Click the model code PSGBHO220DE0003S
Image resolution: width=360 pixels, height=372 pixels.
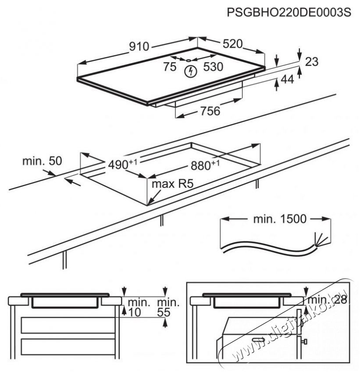click(289, 12)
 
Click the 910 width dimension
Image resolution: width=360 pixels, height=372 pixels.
click(139, 46)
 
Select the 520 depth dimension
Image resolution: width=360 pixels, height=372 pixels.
click(233, 44)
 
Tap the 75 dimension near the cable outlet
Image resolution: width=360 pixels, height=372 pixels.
click(170, 67)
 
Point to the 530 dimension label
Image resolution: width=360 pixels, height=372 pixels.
click(213, 67)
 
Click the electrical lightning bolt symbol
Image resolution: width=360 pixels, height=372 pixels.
click(191, 72)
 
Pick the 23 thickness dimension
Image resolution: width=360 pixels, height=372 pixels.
click(312, 62)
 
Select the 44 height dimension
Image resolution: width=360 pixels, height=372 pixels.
click(287, 79)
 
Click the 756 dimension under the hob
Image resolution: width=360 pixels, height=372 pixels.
click(210, 111)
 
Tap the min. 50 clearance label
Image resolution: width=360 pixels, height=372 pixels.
click(42, 161)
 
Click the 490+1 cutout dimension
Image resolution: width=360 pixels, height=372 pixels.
click(122, 164)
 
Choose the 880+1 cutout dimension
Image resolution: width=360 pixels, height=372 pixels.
click(205, 165)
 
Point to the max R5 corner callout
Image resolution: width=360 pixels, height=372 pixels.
click(172, 184)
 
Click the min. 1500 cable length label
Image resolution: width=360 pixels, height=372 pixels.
click(280, 219)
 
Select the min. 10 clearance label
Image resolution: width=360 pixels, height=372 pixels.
click(139, 307)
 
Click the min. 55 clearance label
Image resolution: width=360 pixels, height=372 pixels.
click(168, 307)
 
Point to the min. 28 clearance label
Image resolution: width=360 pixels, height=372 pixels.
click(327, 300)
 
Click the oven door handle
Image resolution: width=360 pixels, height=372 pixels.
click(258, 340)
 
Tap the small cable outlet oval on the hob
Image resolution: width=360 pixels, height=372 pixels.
click(189, 60)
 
